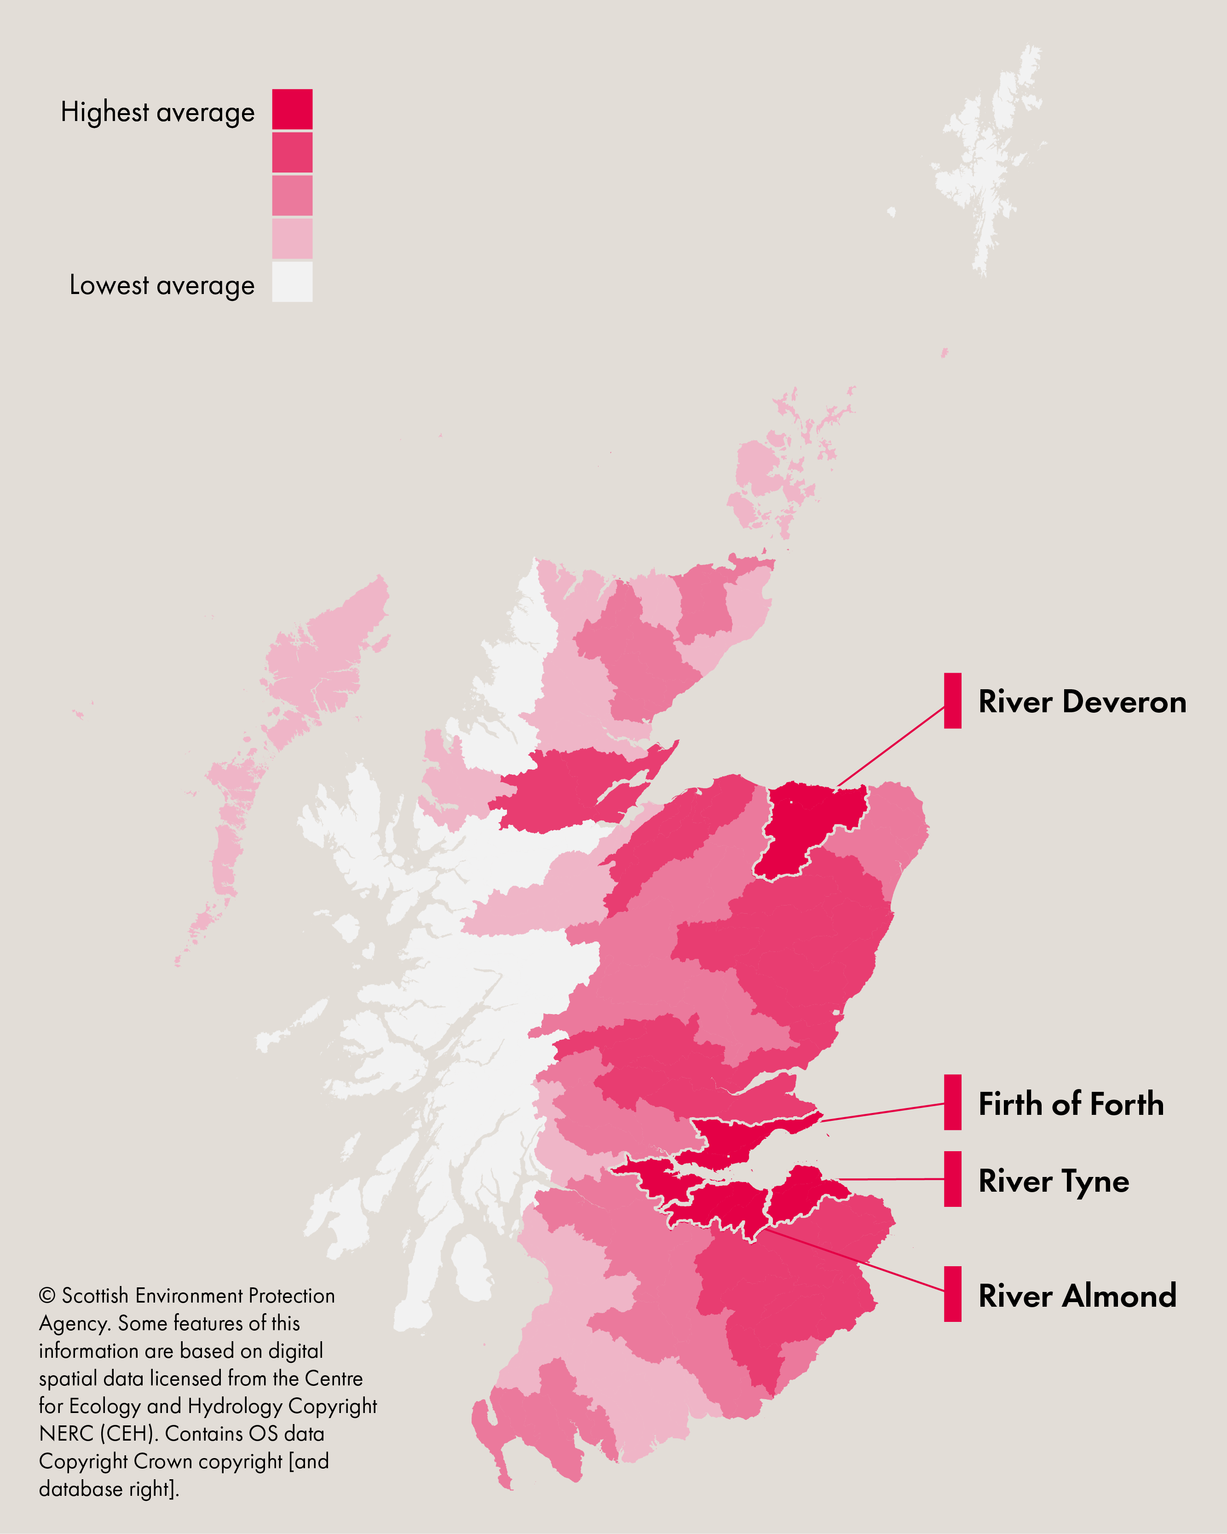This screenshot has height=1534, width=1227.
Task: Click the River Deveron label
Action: point(1082,702)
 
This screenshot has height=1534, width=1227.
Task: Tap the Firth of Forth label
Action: point(1071,1104)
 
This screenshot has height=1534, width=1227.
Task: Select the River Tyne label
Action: point(1054,1181)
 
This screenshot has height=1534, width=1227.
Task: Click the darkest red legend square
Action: point(292,109)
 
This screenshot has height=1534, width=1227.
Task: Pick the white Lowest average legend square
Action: point(292,282)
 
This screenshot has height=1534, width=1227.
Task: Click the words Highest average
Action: point(157,112)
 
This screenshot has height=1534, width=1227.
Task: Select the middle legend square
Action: point(292,195)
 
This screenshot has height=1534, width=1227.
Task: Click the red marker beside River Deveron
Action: point(952,701)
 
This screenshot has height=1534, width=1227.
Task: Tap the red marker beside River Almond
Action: point(952,1294)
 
